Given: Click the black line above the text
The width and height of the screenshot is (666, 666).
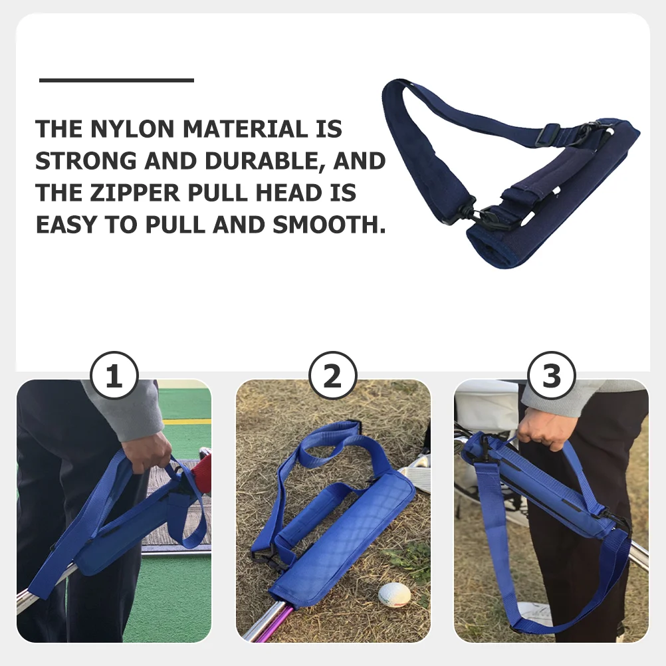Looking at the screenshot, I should (116, 80).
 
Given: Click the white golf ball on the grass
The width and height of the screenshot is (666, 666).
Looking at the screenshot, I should (394, 594).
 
